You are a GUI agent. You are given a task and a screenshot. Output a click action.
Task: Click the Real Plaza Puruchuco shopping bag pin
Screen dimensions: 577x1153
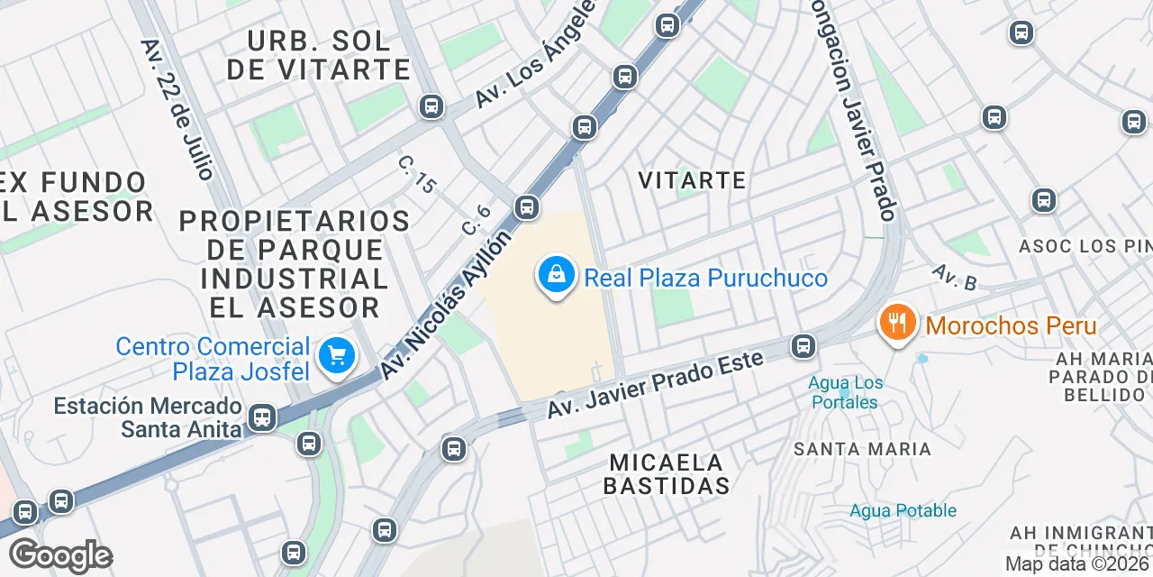557,275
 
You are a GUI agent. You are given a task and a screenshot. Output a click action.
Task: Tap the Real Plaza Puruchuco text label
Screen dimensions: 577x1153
705,278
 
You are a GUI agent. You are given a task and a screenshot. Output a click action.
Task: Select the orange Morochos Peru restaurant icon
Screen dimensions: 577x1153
897,323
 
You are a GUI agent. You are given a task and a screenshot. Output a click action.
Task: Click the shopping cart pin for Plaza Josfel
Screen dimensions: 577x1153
338,356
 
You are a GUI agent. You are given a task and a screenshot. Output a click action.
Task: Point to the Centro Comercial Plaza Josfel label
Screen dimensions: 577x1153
213,359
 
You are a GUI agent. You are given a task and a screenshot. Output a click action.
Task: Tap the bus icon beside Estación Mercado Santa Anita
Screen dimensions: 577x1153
262,417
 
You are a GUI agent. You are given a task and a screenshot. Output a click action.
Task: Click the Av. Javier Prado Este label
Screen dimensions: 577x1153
655,385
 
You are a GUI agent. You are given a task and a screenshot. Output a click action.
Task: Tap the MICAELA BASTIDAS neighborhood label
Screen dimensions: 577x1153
667,474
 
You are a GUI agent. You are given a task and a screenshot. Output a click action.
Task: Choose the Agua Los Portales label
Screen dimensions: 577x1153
846,392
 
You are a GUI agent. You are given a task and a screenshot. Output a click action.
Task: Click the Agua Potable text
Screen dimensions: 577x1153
903,511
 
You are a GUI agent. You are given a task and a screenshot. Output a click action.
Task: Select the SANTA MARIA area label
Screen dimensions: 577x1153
862,449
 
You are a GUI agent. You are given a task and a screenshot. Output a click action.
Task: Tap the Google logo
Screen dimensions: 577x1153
60,556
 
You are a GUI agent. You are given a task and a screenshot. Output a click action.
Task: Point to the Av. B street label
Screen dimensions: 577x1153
954,278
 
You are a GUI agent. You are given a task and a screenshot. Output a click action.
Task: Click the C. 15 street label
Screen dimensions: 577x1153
417,174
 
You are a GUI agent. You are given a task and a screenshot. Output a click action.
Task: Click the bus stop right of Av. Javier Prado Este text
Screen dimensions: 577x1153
803,346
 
